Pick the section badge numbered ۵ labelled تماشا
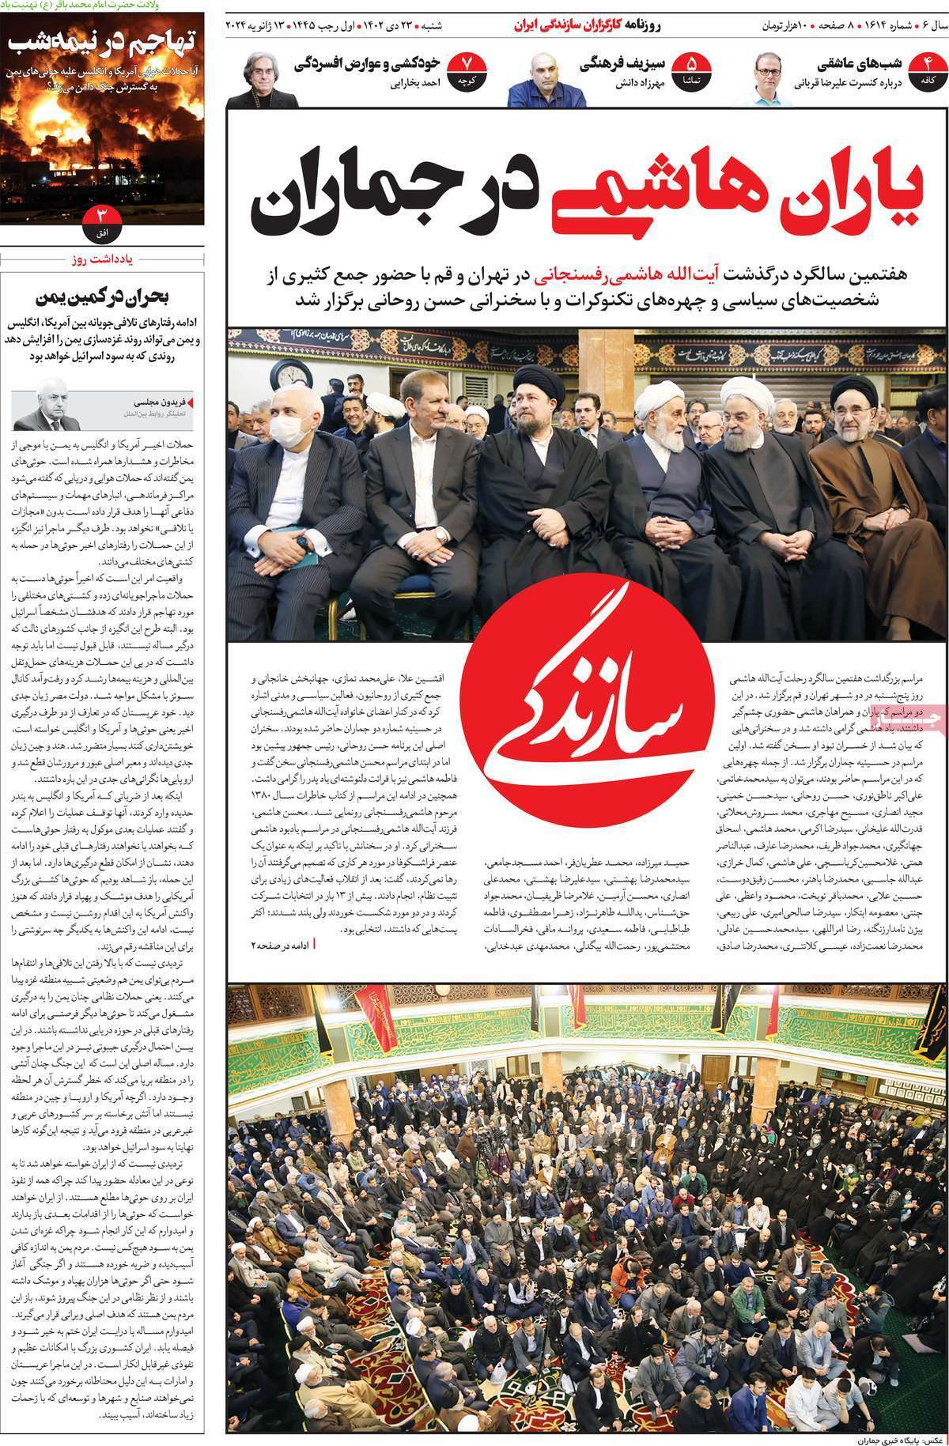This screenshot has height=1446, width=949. [692, 69]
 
